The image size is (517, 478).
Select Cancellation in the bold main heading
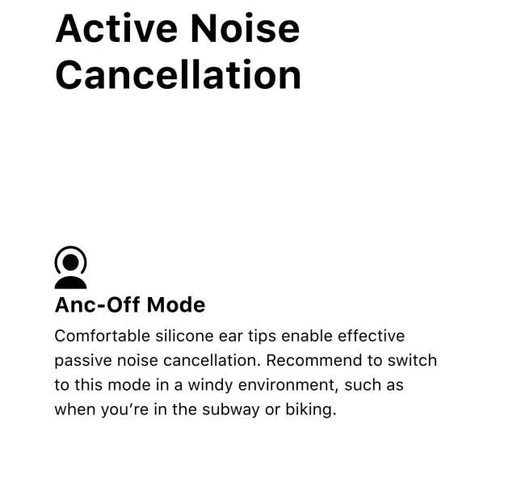pos(178,74)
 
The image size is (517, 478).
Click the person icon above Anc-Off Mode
pos(70,267)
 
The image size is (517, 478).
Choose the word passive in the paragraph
pos(81,360)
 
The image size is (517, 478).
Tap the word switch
pos(414,360)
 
